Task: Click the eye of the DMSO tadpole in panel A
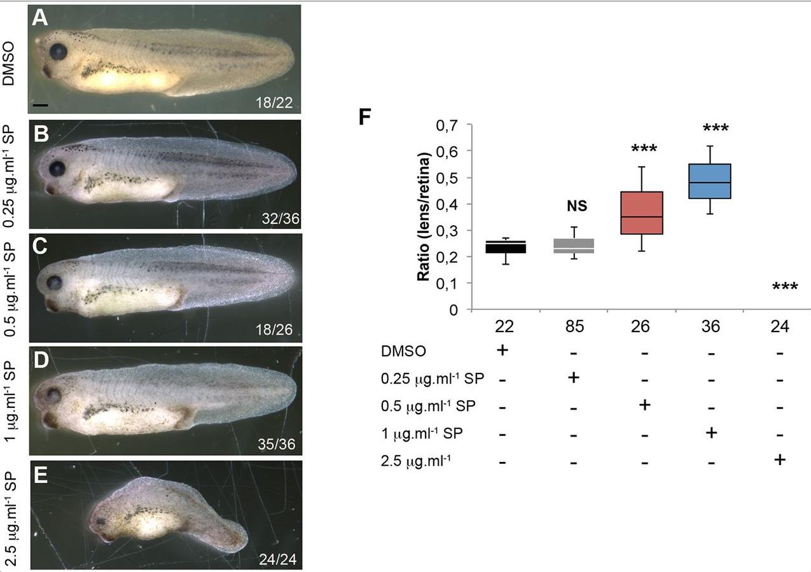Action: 59,51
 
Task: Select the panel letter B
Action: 41,135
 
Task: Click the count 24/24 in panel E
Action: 277,559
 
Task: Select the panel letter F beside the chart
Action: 364,118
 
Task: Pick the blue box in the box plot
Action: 710,181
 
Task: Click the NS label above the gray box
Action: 576,206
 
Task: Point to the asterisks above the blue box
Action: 716,129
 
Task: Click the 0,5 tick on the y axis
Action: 448,178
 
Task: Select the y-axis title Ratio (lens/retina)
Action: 424,216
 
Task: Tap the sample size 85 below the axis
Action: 574,326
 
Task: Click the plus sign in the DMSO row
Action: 503,349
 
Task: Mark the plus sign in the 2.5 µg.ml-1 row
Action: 780,459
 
